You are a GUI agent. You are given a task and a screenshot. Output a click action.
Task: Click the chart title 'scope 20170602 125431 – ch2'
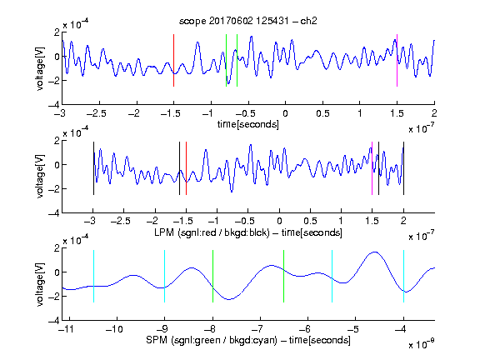[x=248, y=21]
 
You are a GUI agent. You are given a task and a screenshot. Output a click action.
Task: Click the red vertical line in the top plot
[x=174, y=60]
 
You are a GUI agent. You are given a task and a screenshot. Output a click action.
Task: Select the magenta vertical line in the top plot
[x=397, y=60]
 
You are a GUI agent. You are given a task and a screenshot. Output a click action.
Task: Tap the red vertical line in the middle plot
[x=186, y=168]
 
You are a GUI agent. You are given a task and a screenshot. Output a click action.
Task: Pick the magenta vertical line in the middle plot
[x=372, y=168]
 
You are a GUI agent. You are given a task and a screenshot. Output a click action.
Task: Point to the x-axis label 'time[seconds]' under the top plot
[x=248, y=124]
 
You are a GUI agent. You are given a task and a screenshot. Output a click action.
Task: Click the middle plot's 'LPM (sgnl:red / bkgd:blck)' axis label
[x=212, y=232]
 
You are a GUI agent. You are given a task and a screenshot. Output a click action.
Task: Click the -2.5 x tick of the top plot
[x=96, y=113]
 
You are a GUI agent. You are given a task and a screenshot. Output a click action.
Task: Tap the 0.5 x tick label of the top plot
[x=322, y=113]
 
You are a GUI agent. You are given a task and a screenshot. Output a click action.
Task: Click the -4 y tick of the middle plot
[x=54, y=213]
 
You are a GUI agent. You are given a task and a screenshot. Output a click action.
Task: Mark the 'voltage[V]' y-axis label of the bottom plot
[x=40, y=284]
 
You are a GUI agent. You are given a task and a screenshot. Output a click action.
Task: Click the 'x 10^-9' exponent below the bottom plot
[x=422, y=344]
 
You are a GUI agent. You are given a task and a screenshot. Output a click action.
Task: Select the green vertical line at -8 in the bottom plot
[x=212, y=276]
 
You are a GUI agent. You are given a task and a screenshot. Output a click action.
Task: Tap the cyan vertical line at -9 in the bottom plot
[x=165, y=276]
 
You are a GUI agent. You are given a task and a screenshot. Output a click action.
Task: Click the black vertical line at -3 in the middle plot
[x=93, y=168]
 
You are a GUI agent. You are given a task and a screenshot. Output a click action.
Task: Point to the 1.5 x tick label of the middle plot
[x=372, y=221]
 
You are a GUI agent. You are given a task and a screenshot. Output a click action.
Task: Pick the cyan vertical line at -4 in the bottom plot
[x=403, y=276]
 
